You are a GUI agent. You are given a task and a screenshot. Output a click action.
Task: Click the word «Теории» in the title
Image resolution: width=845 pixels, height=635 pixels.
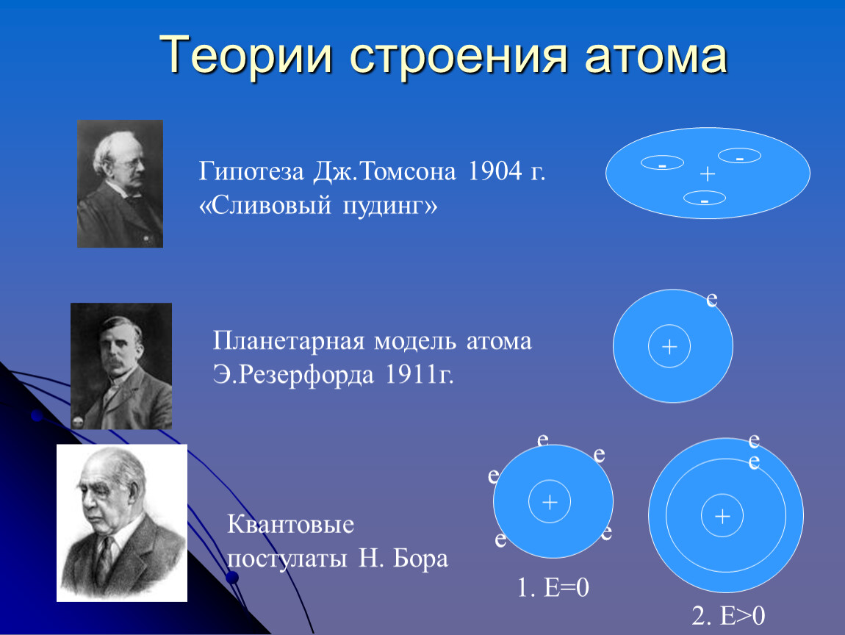245,56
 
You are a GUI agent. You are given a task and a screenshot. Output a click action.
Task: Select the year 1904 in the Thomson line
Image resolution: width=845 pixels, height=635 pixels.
495,171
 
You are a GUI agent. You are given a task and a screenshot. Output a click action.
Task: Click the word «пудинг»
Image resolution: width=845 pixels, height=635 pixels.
390,206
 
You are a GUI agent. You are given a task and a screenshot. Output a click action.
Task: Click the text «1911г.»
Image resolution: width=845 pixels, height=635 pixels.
420,374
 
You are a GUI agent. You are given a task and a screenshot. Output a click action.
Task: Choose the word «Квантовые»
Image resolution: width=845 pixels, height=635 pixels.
290,524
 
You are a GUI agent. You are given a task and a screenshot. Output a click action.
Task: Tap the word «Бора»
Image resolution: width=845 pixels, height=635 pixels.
420,559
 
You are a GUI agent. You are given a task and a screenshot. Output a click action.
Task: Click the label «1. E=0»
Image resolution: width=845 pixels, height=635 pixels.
553,587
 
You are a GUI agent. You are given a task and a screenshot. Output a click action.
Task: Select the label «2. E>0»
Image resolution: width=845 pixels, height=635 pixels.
728,616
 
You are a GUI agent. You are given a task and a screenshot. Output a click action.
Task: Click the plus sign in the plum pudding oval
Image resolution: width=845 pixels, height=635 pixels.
708,173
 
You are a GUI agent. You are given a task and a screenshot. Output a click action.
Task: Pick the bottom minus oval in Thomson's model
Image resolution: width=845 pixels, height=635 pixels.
705,198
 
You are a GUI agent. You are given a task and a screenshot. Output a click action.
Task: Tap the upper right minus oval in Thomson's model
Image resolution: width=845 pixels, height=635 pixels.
739,156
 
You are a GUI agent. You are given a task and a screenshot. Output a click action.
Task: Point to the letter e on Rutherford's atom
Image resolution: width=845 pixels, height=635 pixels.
712,299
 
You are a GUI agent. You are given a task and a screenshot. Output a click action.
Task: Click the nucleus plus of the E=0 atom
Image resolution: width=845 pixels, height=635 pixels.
550,503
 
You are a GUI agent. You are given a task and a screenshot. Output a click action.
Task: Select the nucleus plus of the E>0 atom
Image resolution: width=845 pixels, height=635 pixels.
722,516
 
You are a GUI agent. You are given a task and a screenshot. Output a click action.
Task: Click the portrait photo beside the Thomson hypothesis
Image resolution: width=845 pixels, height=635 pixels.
121,184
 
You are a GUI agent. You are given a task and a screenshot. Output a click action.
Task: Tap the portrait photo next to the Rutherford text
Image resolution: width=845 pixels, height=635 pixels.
121,366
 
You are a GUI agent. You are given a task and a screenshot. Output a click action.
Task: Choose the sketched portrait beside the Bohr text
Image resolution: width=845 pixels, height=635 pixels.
122,523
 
